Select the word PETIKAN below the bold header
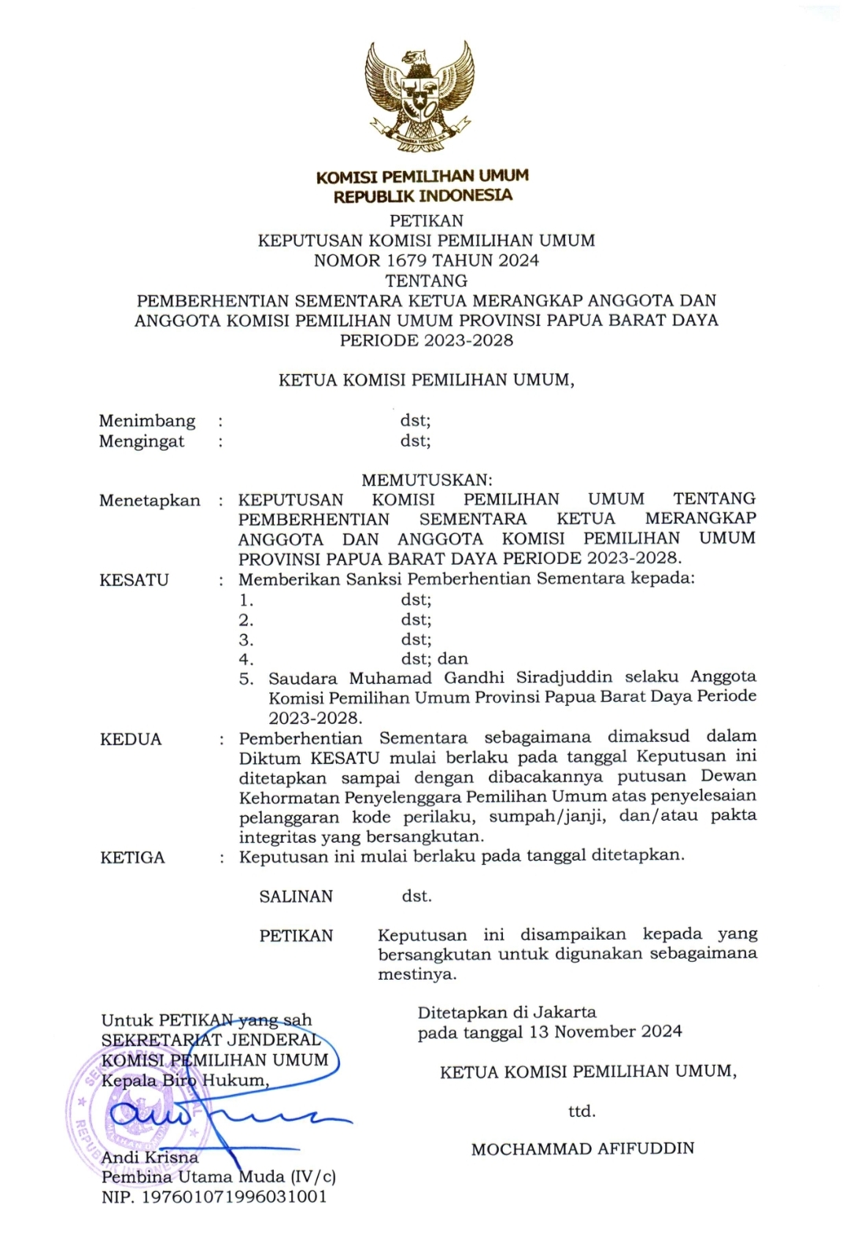(426, 221)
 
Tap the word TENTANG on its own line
(426, 280)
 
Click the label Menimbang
(147, 421)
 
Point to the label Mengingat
(142, 441)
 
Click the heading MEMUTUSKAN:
(427, 480)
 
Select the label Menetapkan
(150, 500)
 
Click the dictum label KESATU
(135, 581)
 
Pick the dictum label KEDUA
(131, 740)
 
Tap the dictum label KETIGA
(132, 858)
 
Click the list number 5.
(246, 679)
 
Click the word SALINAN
(296, 896)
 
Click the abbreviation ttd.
(582, 1111)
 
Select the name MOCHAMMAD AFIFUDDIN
(582, 1149)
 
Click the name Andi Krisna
(150, 1157)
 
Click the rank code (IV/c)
(312, 1177)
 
